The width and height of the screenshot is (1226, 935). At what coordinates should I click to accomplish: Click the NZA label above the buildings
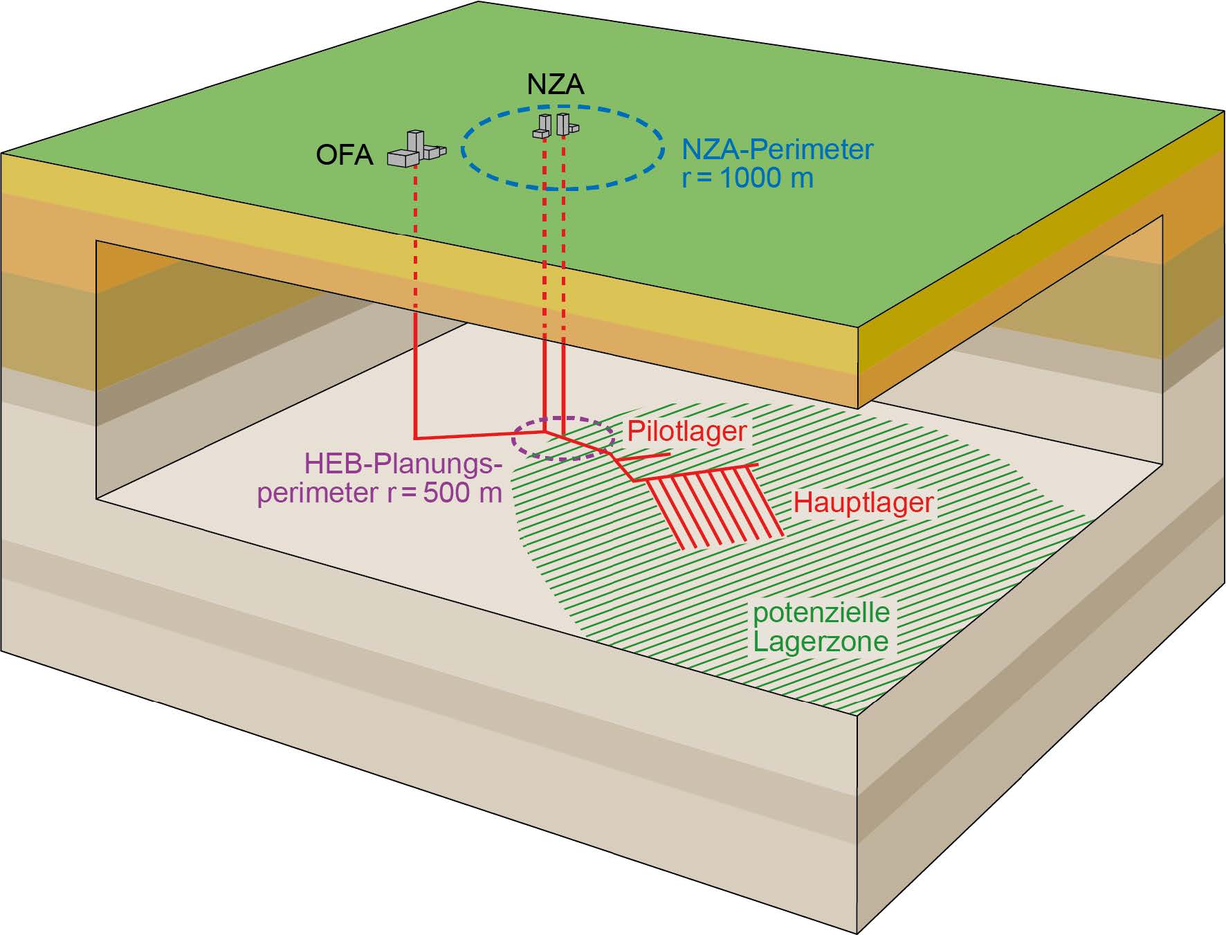click(556, 84)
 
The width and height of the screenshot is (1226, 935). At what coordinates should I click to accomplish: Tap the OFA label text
click(345, 155)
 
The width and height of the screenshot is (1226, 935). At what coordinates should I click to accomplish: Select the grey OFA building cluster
click(416, 149)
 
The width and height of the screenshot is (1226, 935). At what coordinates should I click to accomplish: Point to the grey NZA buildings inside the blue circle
click(556, 125)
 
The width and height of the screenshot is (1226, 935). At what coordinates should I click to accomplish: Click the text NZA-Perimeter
click(778, 150)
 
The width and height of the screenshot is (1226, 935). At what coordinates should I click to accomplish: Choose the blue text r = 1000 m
click(747, 179)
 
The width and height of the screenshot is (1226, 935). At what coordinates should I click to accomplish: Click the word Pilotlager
click(686, 432)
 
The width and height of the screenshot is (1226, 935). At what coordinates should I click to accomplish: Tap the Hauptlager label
click(863, 502)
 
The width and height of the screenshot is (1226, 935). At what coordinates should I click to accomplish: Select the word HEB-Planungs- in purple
click(403, 464)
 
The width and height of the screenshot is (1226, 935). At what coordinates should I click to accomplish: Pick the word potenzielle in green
click(821, 612)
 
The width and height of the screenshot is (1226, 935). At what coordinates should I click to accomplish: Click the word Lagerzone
click(821, 642)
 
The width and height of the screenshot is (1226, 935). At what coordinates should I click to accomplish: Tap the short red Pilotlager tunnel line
click(643, 456)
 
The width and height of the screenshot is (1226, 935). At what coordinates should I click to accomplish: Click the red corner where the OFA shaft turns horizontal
click(415, 438)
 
